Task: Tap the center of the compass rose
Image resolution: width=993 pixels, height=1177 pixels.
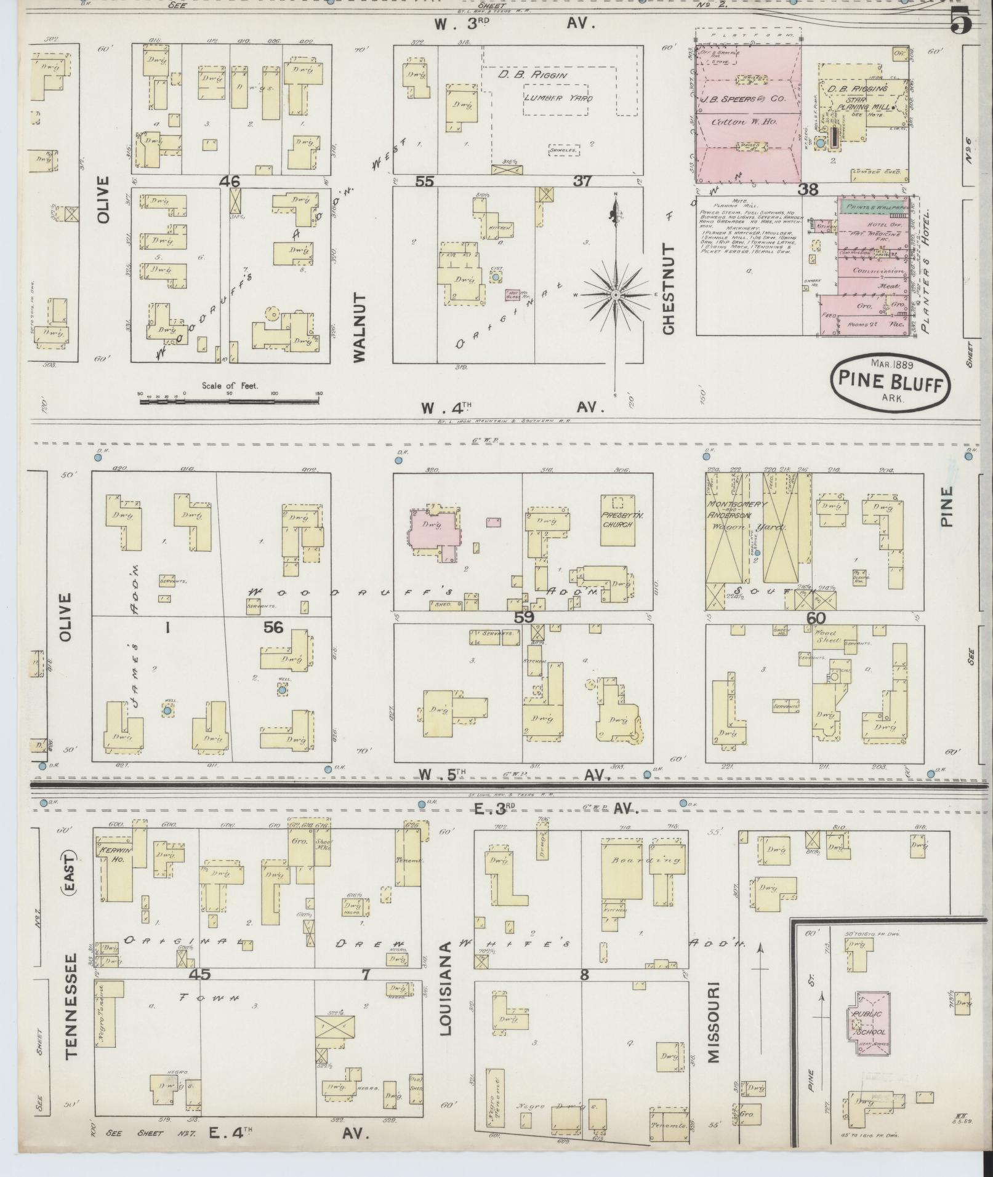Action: [614, 296]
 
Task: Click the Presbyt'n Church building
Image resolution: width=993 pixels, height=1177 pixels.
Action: [622, 520]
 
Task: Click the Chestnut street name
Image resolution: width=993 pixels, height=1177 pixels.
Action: [669, 289]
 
